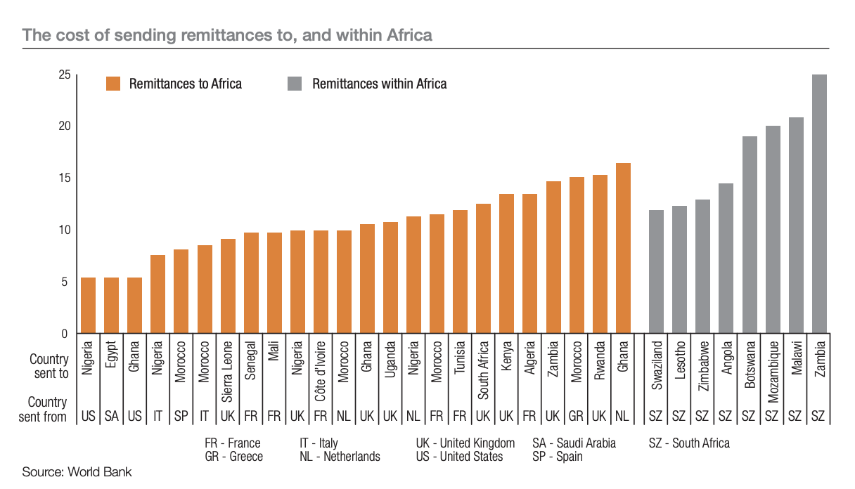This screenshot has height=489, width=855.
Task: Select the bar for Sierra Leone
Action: click(x=228, y=286)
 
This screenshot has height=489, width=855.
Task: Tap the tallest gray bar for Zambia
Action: click(x=818, y=204)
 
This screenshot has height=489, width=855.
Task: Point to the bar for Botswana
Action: click(x=750, y=235)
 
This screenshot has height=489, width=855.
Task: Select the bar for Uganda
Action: click(x=391, y=278)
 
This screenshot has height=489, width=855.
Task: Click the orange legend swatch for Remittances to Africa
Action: click(x=113, y=84)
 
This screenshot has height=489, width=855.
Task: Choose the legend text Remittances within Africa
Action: click(x=379, y=84)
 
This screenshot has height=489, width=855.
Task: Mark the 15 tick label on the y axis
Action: click(x=64, y=178)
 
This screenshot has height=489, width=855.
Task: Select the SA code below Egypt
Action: click(x=111, y=417)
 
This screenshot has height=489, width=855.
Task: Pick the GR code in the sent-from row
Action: click(x=577, y=417)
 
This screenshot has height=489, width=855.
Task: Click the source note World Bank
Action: click(x=77, y=471)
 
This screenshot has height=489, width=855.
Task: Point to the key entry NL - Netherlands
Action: click(x=340, y=457)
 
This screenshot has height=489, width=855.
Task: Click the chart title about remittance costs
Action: click(x=227, y=34)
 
